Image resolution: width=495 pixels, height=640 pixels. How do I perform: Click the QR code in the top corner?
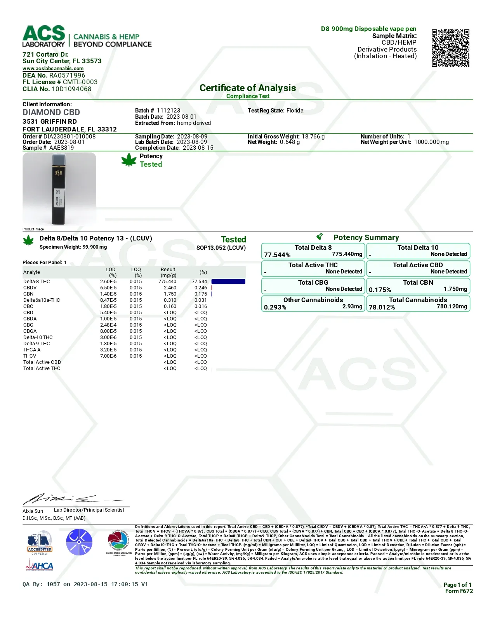450,48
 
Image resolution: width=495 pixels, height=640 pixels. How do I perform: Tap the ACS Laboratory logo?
44,36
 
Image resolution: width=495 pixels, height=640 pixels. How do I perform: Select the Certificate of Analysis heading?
248,88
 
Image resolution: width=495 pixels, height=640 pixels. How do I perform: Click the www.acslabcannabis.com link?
53,69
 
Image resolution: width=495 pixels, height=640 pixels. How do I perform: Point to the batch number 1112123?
168,111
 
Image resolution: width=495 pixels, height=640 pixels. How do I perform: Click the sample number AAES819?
61,148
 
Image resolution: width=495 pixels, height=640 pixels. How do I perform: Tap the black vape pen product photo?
59,189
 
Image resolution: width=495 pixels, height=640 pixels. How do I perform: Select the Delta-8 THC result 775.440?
167,282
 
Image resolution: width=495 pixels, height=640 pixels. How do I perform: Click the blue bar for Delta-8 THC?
228,282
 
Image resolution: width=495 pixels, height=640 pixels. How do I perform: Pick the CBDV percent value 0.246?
201,288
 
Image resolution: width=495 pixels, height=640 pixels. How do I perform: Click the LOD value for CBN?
108,294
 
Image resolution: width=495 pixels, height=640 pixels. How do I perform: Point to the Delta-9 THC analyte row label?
36,344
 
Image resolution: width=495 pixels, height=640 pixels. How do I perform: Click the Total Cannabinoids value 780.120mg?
452,306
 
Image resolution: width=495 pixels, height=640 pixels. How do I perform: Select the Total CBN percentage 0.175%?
380,290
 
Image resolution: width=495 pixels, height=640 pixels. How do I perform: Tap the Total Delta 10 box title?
418,247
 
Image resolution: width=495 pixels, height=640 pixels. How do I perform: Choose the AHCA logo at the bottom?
40,566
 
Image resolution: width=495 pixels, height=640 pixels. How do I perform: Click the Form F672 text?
459,591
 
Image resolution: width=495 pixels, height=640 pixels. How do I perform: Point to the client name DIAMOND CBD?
51,112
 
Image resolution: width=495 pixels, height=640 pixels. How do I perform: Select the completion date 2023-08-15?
198,148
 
